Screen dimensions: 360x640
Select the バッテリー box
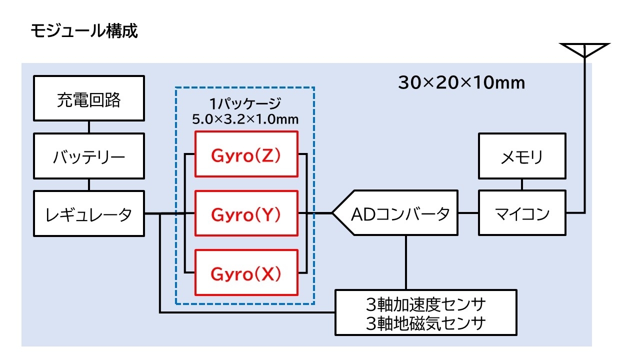click(x=89, y=157)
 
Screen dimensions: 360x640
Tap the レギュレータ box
click(x=89, y=214)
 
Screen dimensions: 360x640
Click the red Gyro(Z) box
click(x=246, y=154)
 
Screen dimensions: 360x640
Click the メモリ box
click(x=522, y=156)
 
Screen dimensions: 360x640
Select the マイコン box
click(x=522, y=213)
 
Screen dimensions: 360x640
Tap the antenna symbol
click(x=584, y=50)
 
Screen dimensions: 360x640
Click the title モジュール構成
click(x=83, y=31)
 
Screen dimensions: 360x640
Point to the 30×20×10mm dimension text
click(x=461, y=82)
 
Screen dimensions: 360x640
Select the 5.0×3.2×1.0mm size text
click(x=245, y=119)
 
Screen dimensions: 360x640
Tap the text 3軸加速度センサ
click(x=425, y=303)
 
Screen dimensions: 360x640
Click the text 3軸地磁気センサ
click(x=425, y=323)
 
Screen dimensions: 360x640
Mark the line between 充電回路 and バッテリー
click(x=89, y=127)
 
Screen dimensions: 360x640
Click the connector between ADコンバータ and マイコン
click(x=468, y=213)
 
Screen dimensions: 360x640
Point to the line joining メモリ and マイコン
click(x=522, y=184)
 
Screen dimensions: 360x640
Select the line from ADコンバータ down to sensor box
click(x=406, y=262)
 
